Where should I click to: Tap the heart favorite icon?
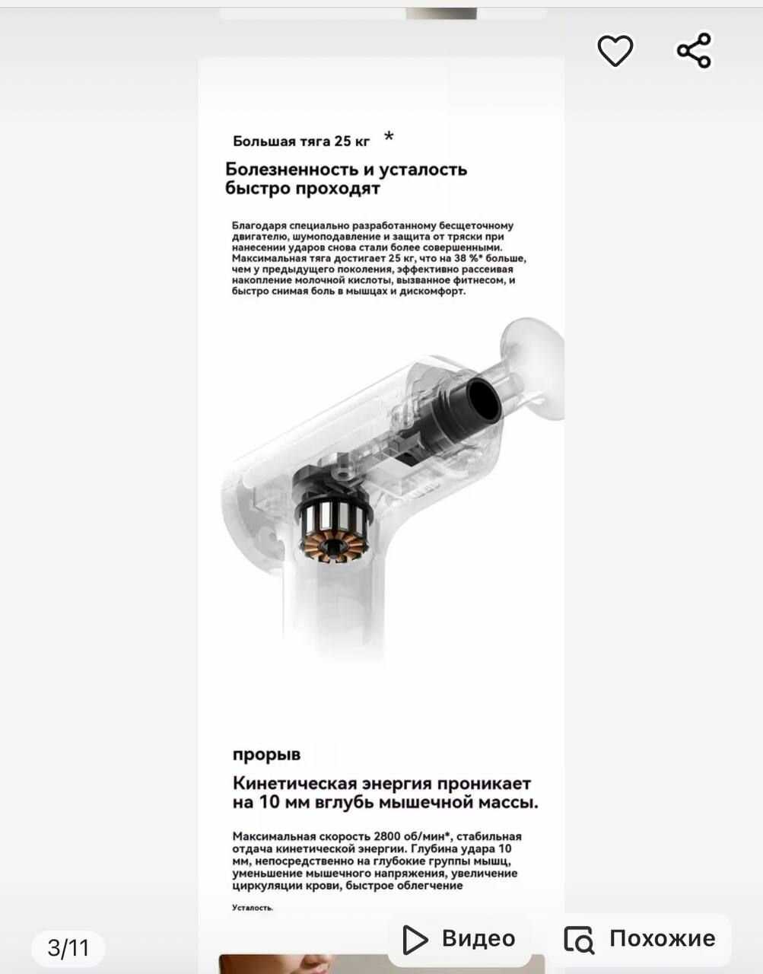(615, 51)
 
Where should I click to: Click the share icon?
(694, 51)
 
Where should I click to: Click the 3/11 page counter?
(68, 947)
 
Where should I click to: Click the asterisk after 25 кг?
(389, 137)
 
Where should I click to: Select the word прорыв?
(266, 754)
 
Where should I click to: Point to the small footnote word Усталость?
(253, 907)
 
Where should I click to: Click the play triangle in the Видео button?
(414, 939)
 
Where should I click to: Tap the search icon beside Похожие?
(579, 940)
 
